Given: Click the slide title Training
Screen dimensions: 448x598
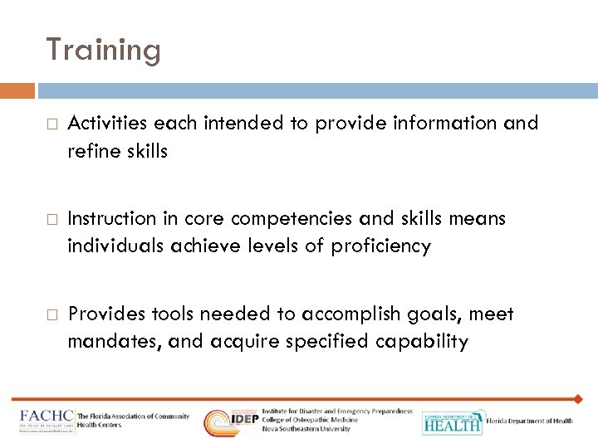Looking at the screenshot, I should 103,50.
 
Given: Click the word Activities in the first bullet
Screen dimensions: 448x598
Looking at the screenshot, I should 108,124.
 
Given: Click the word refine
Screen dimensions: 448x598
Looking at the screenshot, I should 91,151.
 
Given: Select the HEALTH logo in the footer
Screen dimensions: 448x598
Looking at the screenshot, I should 451,423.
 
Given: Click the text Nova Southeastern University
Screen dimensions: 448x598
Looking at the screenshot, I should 306,429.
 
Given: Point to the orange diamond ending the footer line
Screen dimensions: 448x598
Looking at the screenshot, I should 579,399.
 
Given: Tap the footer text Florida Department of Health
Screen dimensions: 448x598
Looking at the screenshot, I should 529,421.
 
